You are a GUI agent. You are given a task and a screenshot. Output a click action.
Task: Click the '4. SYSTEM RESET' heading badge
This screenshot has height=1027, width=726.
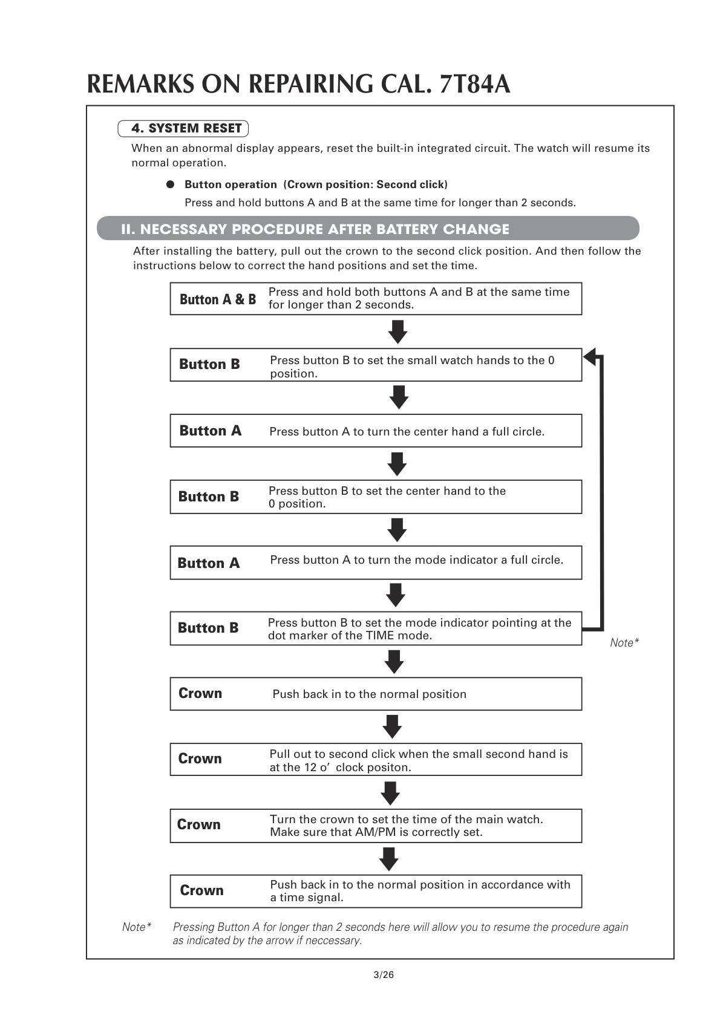pos(183,128)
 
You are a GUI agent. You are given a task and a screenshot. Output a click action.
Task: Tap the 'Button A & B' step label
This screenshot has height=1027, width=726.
pos(218,299)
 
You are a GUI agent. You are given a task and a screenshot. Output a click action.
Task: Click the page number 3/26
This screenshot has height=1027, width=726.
pos(384,974)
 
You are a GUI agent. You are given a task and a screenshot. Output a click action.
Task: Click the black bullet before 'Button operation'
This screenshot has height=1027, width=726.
pos(171,184)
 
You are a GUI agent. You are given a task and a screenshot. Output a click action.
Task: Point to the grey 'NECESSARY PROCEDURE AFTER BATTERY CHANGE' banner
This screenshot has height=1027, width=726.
pos(368,229)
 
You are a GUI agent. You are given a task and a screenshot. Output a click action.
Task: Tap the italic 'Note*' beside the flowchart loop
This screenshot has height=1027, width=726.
pos(624,643)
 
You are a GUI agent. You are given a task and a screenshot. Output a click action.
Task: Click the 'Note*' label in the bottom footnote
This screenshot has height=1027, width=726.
pos(137,927)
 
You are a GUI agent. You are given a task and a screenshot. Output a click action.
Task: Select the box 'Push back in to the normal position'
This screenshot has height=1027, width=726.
pos(376,694)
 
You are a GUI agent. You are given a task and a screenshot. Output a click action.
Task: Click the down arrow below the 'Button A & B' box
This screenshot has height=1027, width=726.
pos(397,331)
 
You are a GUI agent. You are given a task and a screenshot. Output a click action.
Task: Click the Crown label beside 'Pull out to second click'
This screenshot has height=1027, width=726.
pos(200,759)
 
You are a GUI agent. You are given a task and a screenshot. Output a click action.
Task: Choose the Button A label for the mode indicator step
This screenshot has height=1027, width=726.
pos(209,563)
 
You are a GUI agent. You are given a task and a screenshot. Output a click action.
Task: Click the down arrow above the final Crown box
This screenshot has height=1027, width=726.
pos(389,859)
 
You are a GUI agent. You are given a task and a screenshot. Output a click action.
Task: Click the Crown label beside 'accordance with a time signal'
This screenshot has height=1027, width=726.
pos(201,890)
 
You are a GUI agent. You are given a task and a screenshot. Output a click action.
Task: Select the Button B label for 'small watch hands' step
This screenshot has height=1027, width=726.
pos(209,364)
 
